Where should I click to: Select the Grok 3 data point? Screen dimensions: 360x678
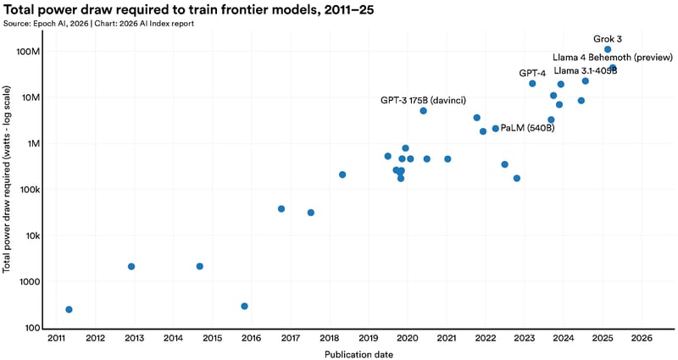(x=608, y=50)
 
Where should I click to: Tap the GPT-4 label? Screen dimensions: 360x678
(x=532, y=73)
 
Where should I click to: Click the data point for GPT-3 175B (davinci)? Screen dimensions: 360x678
(x=423, y=111)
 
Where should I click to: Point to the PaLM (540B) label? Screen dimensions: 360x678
(x=527, y=129)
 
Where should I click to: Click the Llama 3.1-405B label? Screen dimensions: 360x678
(x=585, y=70)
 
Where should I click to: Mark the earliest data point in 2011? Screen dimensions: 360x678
(x=69, y=310)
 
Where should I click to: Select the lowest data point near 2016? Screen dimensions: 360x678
(x=244, y=307)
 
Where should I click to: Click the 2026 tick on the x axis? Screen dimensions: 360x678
(x=641, y=339)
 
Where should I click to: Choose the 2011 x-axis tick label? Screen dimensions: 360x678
(x=56, y=339)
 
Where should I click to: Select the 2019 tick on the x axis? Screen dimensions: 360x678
(x=368, y=339)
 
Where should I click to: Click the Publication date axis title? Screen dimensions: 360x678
(x=358, y=354)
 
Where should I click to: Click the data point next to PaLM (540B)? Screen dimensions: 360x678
(x=495, y=129)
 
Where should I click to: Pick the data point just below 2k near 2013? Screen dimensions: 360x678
(x=131, y=267)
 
